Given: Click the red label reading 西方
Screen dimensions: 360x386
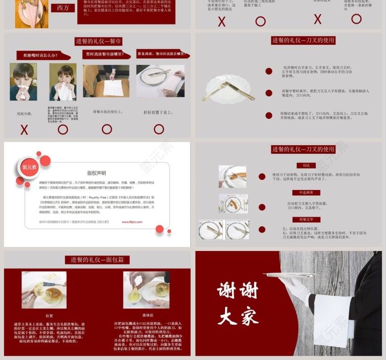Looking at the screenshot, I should tap(62, 8).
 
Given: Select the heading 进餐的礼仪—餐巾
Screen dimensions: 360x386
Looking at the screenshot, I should tap(98, 41).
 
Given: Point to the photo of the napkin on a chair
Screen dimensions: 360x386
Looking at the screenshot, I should tap(106, 81).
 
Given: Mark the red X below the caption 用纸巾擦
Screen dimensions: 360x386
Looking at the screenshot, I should tap(24, 130).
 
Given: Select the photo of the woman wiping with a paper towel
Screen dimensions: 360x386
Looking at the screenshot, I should tap(23, 82).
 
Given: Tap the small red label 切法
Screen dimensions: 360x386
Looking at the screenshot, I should tap(306, 166).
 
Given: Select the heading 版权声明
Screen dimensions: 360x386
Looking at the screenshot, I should tap(96, 173).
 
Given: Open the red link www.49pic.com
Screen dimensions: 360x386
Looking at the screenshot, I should tap(132, 222).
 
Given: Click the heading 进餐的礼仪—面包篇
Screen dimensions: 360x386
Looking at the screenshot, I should tap(97, 260).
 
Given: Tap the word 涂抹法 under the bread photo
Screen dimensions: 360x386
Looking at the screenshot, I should tap(148, 315).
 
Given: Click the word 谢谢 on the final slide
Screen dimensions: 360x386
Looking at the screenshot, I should tap(238, 291).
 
